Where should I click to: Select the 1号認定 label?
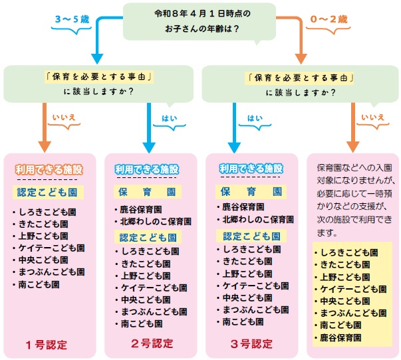(x=47, y=344)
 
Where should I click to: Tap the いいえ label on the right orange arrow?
(x=372, y=118)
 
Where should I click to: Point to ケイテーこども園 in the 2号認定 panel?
(x=150, y=288)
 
